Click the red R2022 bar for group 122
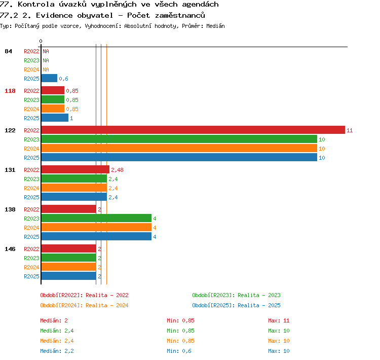pyautogui.click(x=193, y=130)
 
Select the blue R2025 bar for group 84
pyautogui.click(x=50, y=78)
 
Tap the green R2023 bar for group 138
pyautogui.click(x=96, y=218)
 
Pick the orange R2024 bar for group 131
pyautogui.click(x=74, y=188)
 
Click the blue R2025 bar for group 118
pyautogui.click(x=55, y=118)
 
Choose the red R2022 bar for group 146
pyautogui.click(x=69, y=248)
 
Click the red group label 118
pyautogui.click(x=10, y=91)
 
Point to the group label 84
pyautogui.click(x=8, y=51)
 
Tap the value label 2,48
pyautogui.click(x=118, y=170)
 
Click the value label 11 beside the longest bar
pyautogui.click(x=350, y=130)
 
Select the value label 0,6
pyautogui.click(x=63, y=79)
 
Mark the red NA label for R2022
pyautogui.click(x=46, y=51)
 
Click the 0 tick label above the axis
pyautogui.click(x=41, y=41)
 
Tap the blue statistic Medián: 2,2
pyautogui.click(x=57, y=351)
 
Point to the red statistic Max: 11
pyautogui.click(x=279, y=320)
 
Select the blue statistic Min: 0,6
pyautogui.click(x=179, y=351)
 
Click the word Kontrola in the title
pyautogui.click(x=36, y=5)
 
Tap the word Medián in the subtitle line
pyautogui.click(x=215, y=26)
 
